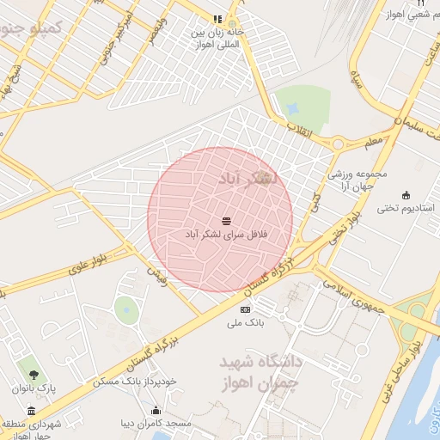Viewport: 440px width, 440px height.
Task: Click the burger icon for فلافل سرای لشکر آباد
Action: pyautogui.click(x=225, y=218)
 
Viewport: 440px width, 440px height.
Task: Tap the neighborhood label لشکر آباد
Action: pyautogui.click(x=247, y=180)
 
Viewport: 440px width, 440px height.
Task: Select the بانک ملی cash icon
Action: pyautogui.click(x=247, y=309)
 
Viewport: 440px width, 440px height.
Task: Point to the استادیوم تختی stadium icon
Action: pyautogui.click(x=406, y=194)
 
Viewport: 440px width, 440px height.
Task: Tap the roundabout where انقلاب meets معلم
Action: pyautogui.click(x=338, y=144)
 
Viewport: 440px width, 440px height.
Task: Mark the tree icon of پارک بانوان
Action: pyautogui.click(x=34, y=374)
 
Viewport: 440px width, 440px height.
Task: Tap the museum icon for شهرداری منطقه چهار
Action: pyautogui.click(x=31, y=411)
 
